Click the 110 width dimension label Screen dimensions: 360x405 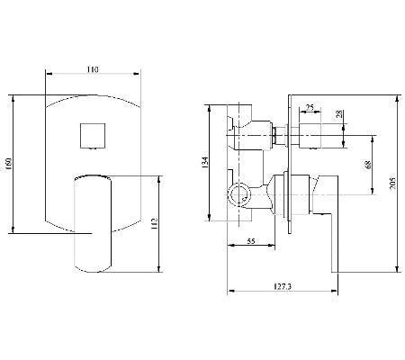pos(92,68)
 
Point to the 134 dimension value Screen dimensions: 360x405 pos(206,163)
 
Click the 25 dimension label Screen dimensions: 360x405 pos(309,108)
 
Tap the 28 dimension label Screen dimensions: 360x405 pos(339,114)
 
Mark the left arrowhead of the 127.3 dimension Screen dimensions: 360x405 pos(227,292)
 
